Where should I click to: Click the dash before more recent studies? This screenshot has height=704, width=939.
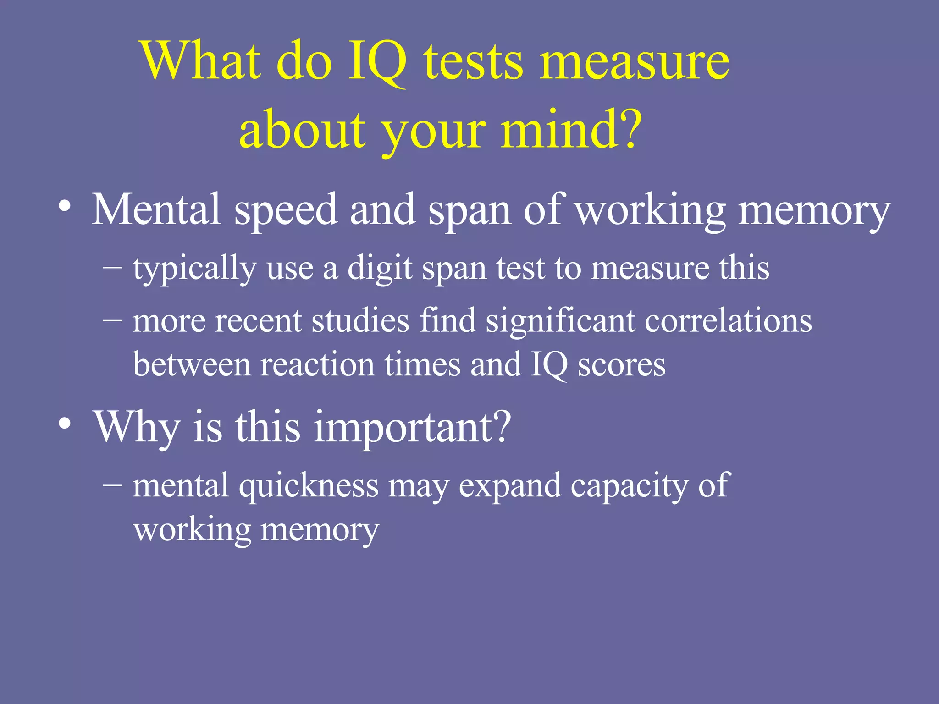[x=112, y=319]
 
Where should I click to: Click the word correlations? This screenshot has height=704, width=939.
[x=729, y=320]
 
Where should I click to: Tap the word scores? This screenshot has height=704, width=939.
[x=621, y=365]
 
